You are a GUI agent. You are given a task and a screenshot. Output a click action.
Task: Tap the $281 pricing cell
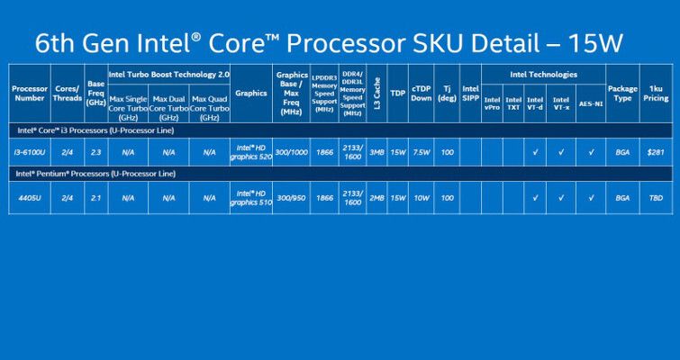point(655,151)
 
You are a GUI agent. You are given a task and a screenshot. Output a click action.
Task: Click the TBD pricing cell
point(655,196)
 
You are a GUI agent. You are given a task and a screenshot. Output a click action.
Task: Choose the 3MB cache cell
point(376,151)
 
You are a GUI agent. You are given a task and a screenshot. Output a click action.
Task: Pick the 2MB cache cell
point(376,196)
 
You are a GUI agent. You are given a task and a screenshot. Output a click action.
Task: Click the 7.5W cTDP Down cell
point(420,151)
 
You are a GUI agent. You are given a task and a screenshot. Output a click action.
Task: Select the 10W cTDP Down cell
point(420,196)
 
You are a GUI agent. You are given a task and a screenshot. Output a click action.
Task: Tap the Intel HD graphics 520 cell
point(249,151)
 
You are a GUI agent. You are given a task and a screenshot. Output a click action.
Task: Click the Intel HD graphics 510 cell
point(249,197)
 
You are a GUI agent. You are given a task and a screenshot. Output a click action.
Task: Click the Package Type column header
point(622,93)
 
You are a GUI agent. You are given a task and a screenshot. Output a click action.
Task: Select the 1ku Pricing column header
point(655,93)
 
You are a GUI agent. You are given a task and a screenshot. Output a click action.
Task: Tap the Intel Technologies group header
point(543,75)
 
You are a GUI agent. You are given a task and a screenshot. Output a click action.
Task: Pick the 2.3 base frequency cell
point(95,151)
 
